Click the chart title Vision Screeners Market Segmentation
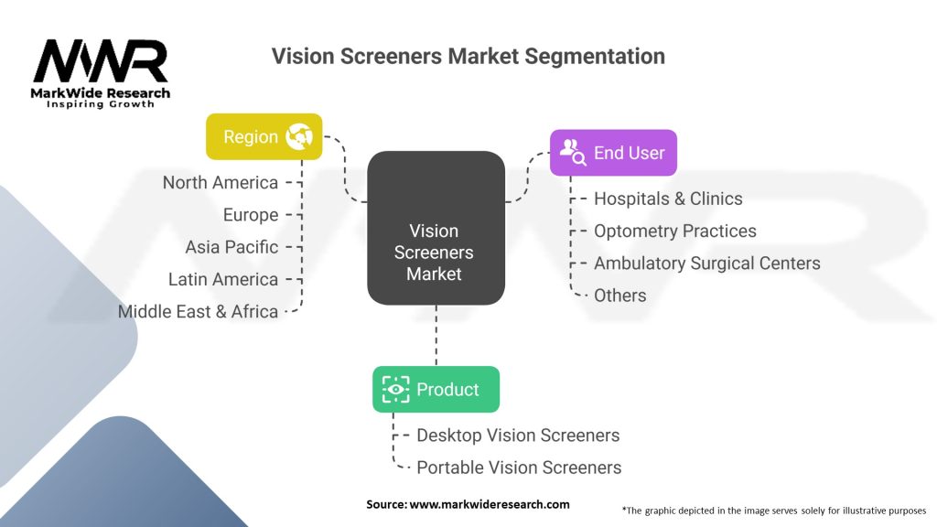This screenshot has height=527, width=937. pos(468,56)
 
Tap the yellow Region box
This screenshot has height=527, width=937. pos(264,136)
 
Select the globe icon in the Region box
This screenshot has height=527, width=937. pos(299,137)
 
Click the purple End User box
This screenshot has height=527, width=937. pos(613,153)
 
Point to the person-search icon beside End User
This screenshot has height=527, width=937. pos(574,153)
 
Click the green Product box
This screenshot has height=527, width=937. pos(436,389)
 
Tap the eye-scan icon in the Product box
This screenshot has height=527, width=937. pos(396,389)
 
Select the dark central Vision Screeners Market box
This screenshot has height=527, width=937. pos(436,229)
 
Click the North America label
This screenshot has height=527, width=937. pos(220,182)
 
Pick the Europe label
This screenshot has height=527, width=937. pos(250,215)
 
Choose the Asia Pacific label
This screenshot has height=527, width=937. pos(232,247)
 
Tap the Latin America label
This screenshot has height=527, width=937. pos(223,279)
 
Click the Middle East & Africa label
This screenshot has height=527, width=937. pos(198,311)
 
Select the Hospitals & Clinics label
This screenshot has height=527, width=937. pos(668,199)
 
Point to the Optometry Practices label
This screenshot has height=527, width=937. pos(675,231)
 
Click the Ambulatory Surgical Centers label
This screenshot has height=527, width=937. pos(706,263)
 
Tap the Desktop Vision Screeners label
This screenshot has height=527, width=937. pos(518,436)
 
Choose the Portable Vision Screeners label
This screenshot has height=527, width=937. pos(519,468)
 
